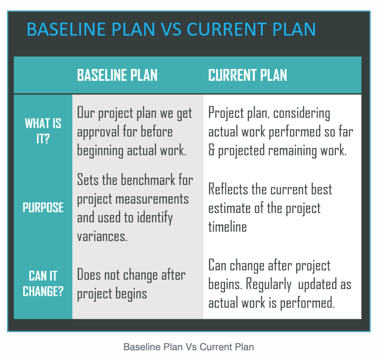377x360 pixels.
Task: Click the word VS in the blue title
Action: [x=171, y=29]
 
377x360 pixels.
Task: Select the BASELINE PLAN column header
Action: [x=117, y=75]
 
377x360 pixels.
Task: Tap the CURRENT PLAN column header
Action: [x=248, y=75]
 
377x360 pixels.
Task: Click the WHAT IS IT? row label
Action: [x=43, y=131]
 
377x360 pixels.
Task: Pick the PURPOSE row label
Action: [x=43, y=207]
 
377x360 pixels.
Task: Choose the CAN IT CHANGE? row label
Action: [x=43, y=284]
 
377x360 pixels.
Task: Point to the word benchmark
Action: [x=148, y=180]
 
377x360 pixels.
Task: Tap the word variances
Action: [x=102, y=237]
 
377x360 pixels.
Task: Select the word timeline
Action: [x=227, y=227]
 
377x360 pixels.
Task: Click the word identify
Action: [x=155, y=218]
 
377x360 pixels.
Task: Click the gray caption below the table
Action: [x=188, y=347]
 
